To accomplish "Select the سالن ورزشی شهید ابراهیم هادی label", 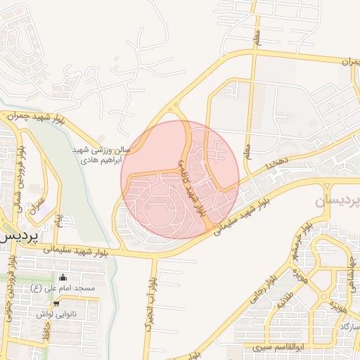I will [98, 155].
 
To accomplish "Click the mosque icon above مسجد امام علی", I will [63, 278].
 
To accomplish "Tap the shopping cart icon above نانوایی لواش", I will [56, 304].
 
